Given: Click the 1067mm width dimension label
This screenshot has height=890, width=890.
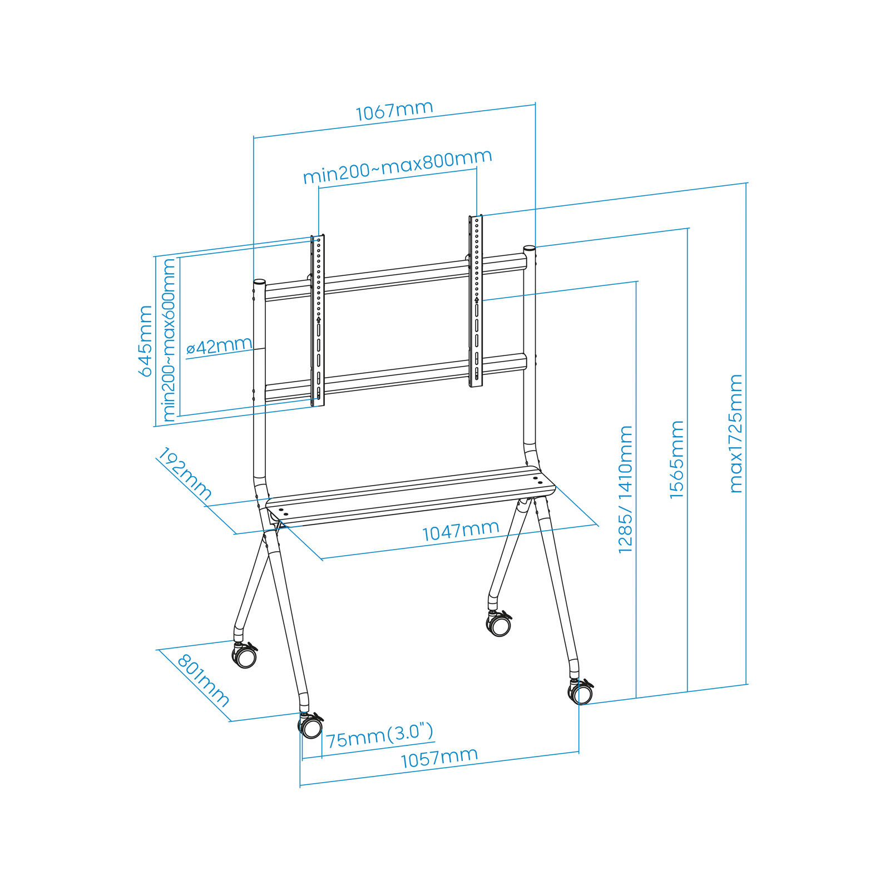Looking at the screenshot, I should point(394,111).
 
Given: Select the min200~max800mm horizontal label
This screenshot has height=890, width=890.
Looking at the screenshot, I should point(398,166).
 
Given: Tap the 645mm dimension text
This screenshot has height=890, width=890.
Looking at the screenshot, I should point(146,340).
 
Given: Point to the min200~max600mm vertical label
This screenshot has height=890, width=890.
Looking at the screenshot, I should point(169,340).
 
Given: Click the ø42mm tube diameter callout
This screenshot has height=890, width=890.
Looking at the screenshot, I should point(219,347).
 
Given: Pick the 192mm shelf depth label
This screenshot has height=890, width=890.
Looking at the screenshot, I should point(185,474).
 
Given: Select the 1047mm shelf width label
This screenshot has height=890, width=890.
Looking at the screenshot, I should point(461,531).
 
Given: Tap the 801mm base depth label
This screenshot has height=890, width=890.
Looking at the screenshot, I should point(203,680).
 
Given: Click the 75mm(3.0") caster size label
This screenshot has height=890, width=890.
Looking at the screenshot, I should point(379,735).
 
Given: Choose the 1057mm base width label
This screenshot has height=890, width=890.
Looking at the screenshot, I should point(439,758).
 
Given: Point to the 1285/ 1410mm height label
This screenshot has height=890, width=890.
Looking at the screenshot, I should point(626,489).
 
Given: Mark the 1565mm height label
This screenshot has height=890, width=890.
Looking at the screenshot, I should point(677,459).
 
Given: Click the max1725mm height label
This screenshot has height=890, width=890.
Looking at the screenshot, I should point(736,434).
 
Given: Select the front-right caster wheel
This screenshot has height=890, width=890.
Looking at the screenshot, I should point(581,694).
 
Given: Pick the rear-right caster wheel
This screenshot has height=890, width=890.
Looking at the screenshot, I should point(500,624).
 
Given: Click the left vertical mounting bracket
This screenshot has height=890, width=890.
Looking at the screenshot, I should point(318,320).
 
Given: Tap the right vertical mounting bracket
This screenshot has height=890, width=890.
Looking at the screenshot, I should point(476,300).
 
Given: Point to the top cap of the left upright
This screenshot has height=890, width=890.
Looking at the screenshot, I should point(259,283).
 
